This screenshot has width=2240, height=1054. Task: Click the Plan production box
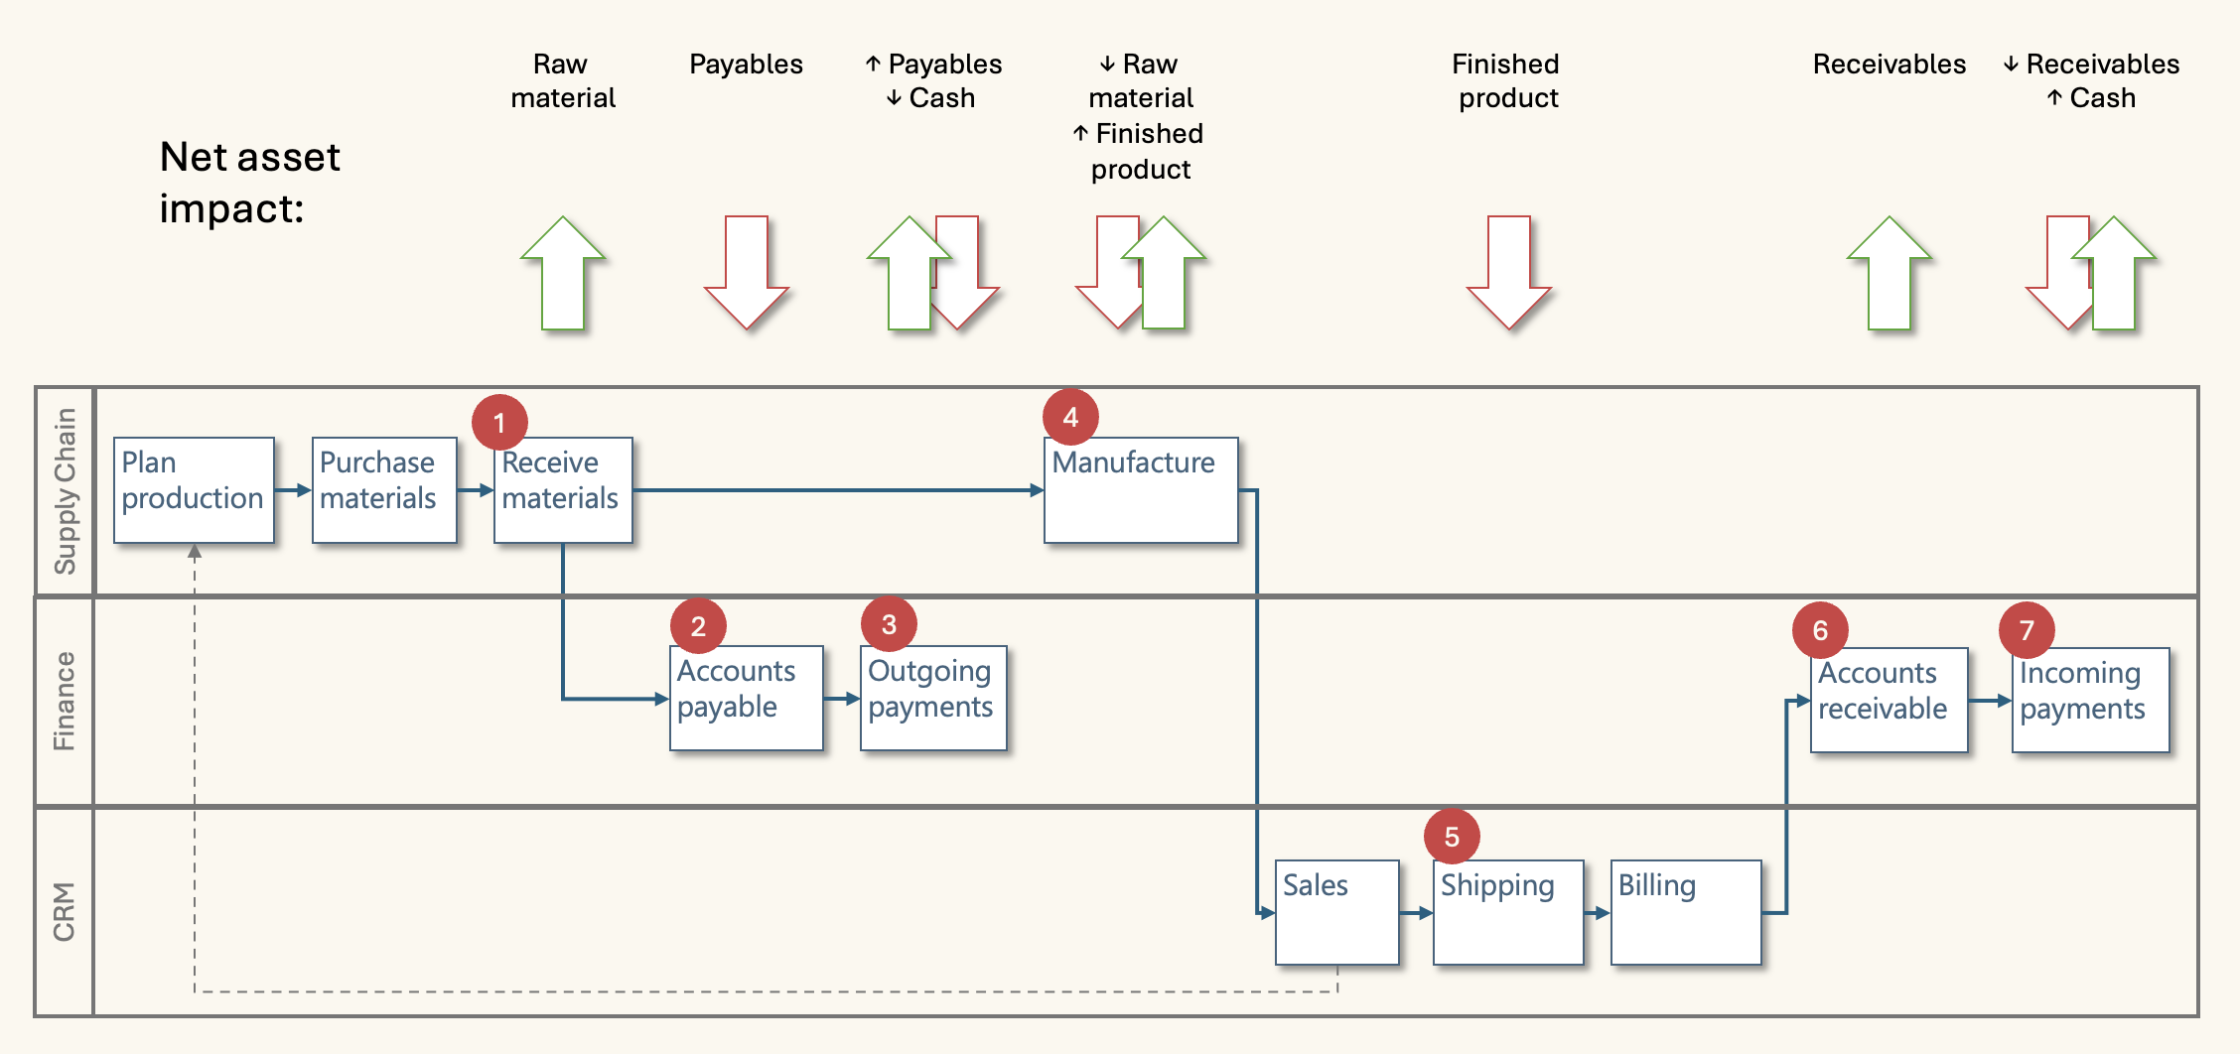click(x=194, y=489)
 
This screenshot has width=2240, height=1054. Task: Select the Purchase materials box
click(x=384, y=489)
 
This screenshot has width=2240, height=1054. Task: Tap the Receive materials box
click(x=563, y=489)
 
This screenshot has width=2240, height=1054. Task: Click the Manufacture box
click(x=1141, y=489)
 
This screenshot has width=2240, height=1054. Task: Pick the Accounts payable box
click(x=747, y=698)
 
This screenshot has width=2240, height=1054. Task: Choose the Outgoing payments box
click(x=933, y=698)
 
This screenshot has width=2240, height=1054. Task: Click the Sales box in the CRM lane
click(x=1336, y=911)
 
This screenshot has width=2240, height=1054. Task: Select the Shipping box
click(x=1508, y=911)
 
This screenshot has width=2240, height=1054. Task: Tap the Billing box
click(x=1686, y=911)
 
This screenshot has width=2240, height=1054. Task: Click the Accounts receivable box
click(x=1889, y=700)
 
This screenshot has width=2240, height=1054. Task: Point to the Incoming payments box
click(x=2090, y=700)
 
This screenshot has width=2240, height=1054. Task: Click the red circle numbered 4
click(x=1070, y=417)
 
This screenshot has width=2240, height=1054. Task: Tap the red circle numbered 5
click(x=1452, y=837)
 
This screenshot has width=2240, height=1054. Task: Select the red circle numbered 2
click(x=698, y=626)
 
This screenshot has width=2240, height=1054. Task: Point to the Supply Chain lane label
click(x=65, y=491)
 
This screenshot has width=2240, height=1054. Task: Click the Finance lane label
click(x=65, y=701)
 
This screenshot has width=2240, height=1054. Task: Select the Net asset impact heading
click(x=250, y=183)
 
